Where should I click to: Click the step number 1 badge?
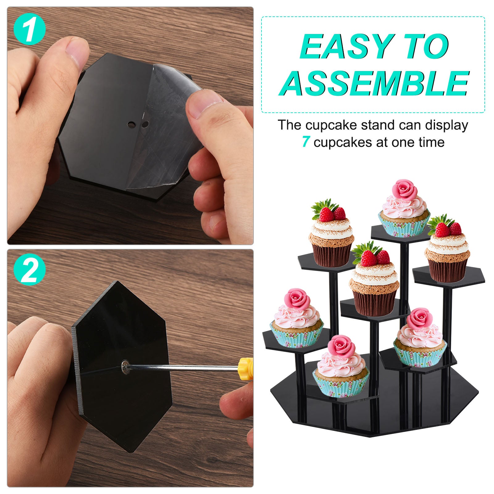point(30,30)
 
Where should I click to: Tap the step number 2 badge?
point(30,271)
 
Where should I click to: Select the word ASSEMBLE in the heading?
point(374,83)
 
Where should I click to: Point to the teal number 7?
point(306,142)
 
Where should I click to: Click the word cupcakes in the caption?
point(343,143)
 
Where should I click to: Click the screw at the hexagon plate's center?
point(125,366)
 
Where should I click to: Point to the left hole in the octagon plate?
point(131,124)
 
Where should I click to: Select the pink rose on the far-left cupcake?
point(296,299)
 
